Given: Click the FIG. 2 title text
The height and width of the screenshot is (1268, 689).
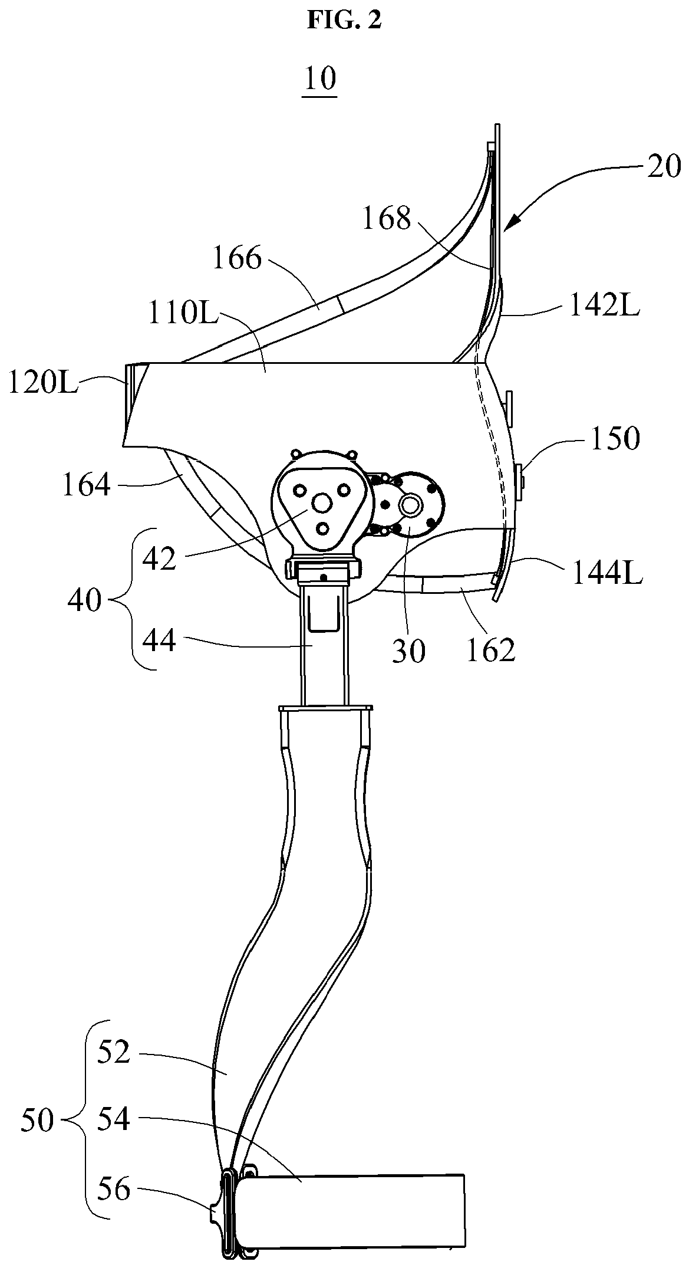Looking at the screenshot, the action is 344,20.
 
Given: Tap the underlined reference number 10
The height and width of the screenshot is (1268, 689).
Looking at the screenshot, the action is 319,78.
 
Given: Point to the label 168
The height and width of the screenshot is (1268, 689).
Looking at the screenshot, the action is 387,219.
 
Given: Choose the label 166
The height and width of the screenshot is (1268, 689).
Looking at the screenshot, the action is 236,258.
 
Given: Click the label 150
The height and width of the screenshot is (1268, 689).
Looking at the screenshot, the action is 615,439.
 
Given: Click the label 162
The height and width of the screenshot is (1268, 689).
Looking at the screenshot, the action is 491,650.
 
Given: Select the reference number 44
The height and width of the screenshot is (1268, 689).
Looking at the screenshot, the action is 159,640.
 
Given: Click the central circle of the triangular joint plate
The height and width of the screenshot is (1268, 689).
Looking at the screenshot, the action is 322,502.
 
